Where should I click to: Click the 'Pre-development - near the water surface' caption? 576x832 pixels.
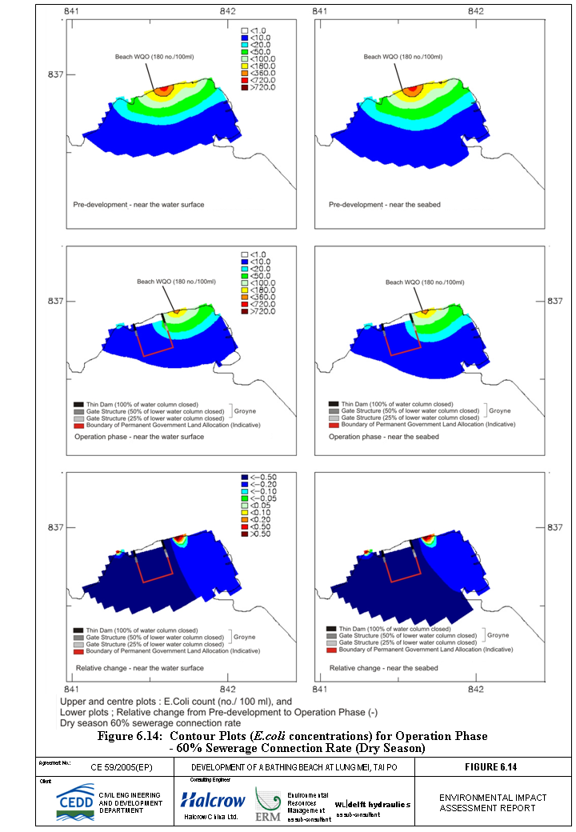[x=138, y=205]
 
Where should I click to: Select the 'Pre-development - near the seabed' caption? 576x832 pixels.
[x=383, y=205]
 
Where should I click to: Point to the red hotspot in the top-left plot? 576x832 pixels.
[x=165, y=90]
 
